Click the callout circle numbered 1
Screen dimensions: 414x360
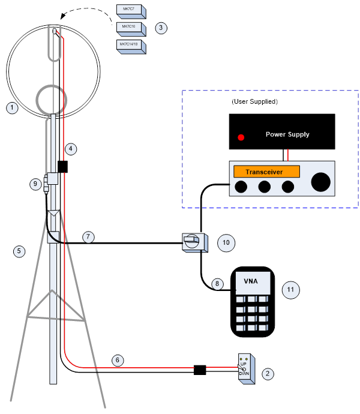pos(11,108)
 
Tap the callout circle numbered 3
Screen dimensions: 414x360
pos(160,28)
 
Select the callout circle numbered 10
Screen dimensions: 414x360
pos(226,242)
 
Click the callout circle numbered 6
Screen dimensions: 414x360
pos(118,360)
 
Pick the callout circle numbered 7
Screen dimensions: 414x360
pos(88,237)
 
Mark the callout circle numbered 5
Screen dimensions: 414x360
pos(20,251)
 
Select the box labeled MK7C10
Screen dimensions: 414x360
pos(130,28)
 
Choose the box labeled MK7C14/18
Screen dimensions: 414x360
pos(131,46)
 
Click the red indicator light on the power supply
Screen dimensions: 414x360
pos(241,137)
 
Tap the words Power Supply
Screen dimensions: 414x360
pos(287,134)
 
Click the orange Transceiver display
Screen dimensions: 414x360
pos(266,172)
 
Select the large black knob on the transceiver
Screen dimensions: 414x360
pos(321,182)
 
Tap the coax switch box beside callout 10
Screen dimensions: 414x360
pos(194,242)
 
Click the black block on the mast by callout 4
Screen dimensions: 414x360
pos(62,166)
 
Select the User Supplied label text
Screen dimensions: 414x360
pos(254,102)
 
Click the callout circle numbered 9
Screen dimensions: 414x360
pos(35,184)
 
